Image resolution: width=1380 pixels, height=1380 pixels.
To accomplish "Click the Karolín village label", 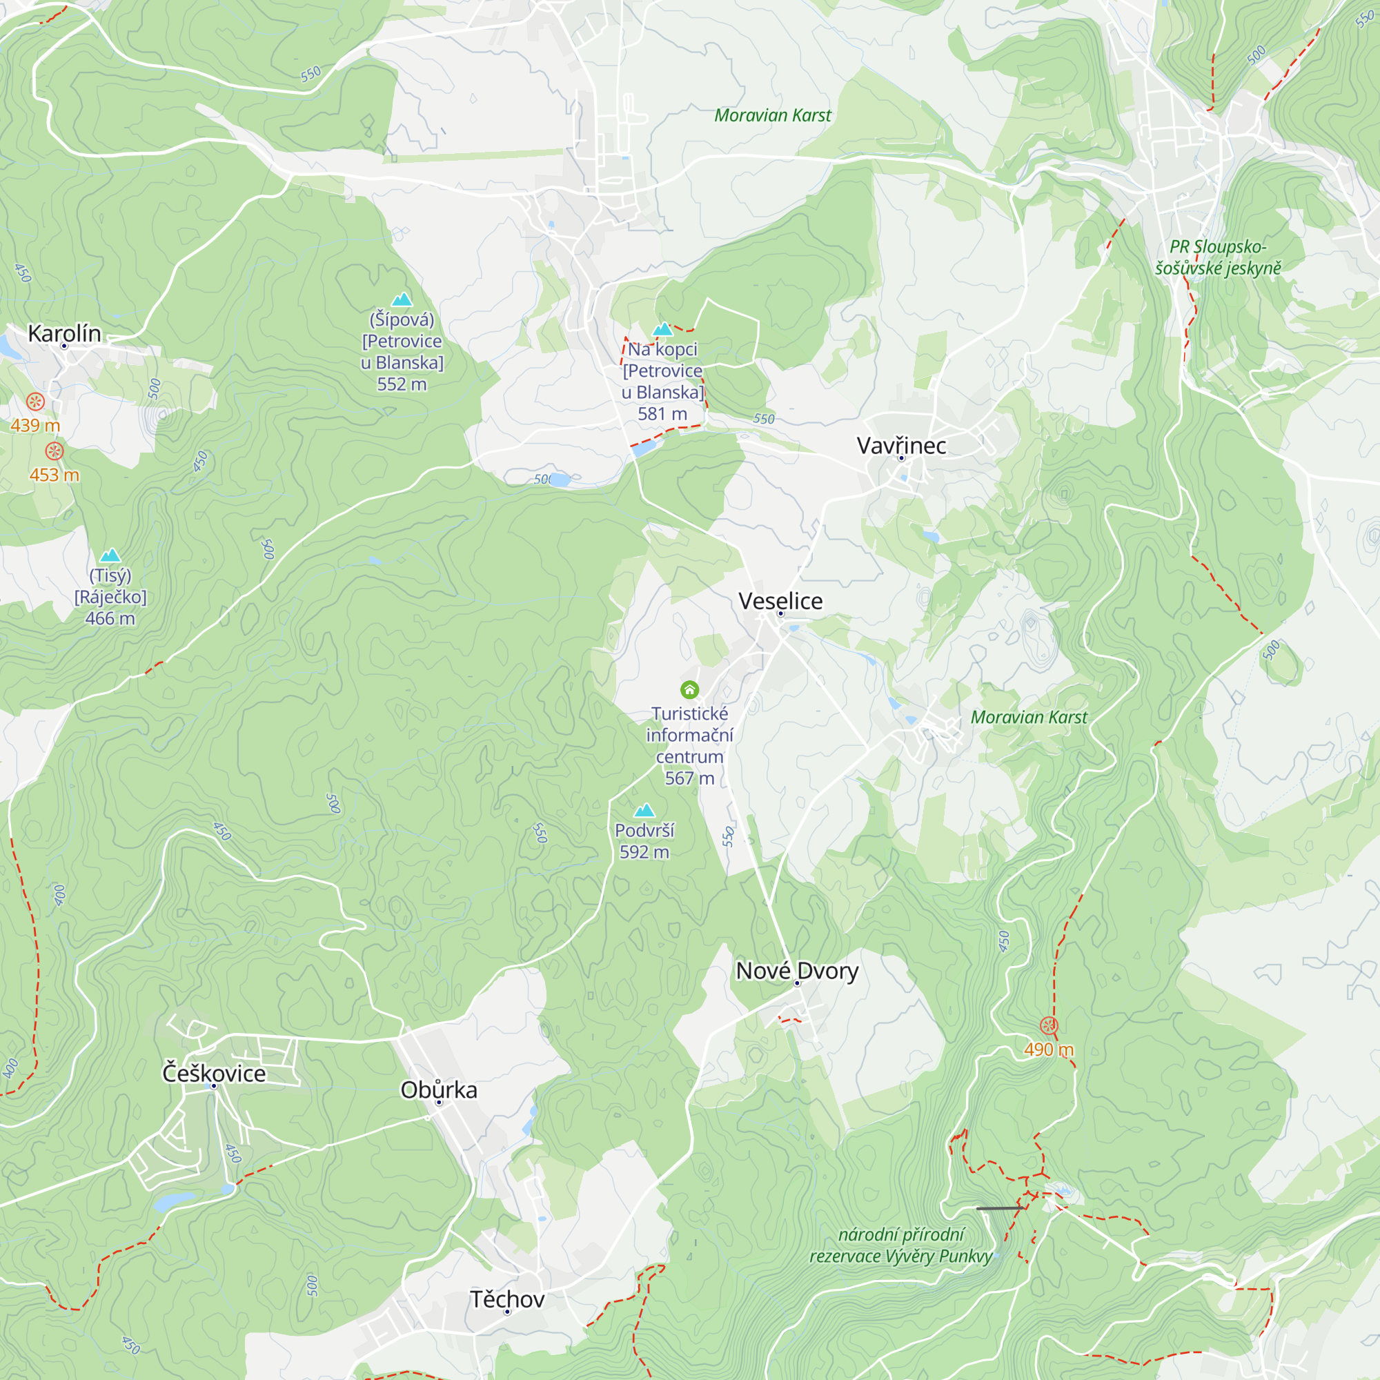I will [64, 333].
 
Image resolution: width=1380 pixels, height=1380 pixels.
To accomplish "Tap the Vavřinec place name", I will [901, 446].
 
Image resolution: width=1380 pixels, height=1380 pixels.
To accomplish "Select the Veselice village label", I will [780, 602].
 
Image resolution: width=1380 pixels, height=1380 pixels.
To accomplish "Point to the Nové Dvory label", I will [797, 971].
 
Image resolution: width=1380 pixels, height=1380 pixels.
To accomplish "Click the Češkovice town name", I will [214, 1074].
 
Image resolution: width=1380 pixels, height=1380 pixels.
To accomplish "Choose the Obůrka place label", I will [439, 1090].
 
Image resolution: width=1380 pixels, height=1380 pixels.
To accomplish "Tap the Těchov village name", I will [507, 1299].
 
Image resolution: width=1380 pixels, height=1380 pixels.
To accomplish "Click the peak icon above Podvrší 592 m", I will [644, 810].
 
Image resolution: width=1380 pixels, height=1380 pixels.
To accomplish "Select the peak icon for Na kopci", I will [663, 329].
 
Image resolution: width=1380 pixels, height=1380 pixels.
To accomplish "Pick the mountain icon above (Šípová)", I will [402, 299].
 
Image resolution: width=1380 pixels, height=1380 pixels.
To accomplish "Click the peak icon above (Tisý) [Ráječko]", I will [110, 555].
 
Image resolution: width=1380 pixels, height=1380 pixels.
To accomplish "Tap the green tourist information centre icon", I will [689, 689].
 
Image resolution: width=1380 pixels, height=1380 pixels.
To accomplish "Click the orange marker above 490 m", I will [1048, 1026].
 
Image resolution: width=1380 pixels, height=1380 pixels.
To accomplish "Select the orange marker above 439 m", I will [36, 402].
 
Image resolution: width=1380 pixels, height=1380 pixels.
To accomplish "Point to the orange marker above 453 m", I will [55, 451].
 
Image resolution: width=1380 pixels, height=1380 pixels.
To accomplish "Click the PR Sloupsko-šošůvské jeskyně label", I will [1218, 257].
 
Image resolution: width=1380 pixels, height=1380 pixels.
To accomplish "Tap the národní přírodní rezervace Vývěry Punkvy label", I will [900, 1245].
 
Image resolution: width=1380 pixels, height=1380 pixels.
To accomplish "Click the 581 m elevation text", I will [662, 413].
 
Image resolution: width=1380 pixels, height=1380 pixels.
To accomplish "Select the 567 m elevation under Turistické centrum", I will [689, 778].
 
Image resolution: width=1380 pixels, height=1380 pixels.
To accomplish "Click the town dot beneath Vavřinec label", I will [901, 458].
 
